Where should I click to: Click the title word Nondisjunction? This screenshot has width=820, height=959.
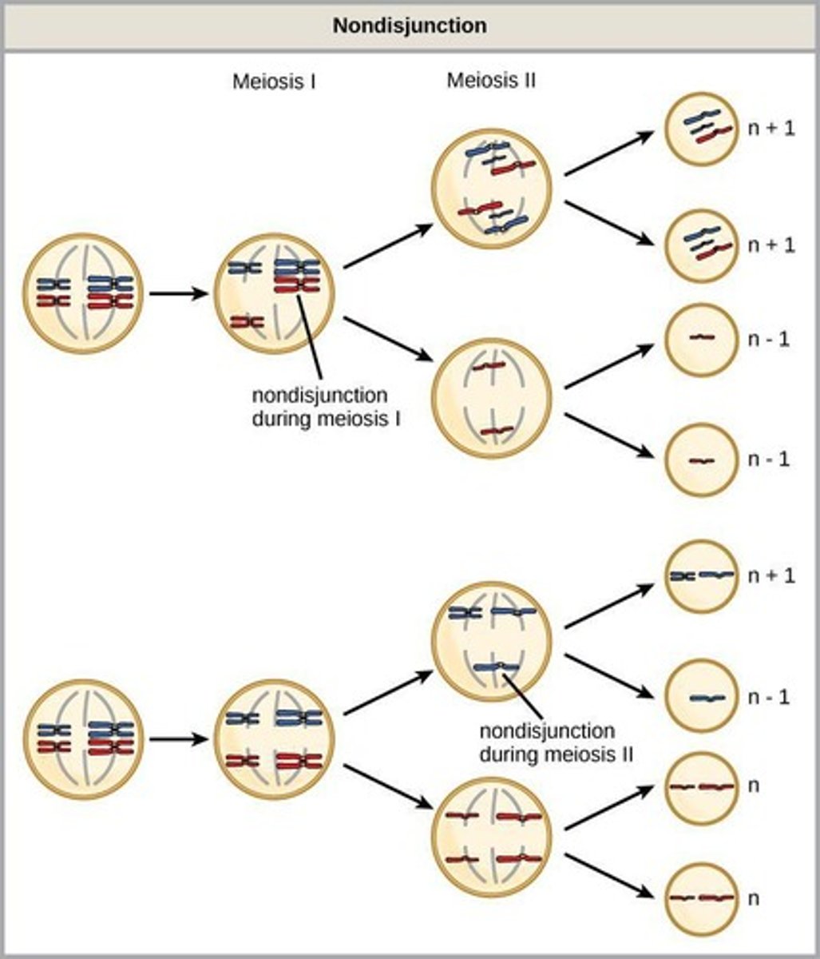click(x=410, y=25)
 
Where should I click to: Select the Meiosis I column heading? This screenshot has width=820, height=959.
click(x=274, y=82)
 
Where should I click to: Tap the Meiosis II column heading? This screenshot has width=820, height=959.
click(x=491, y=81)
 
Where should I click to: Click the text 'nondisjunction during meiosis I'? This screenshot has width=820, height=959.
click(x=320, y=407)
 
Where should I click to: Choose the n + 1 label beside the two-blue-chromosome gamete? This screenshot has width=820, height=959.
click(x=771, y=575)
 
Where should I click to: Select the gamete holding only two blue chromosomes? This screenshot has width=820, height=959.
click(x=700, y=575)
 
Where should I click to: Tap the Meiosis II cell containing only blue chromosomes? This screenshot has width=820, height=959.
click(x=491, y=641)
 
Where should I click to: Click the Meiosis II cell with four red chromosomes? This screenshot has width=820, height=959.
click(x=491, y=837)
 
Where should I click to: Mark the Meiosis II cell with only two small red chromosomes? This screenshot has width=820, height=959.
click(x=491, y=398)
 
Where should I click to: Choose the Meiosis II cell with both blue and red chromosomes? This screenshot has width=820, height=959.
click(x=491, y=189)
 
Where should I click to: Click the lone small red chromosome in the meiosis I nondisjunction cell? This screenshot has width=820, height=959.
click(x=247, y=322)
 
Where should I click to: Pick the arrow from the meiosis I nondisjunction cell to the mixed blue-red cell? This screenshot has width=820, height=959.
click(x=388, y=245)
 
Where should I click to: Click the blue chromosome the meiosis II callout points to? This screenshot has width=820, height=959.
click(x=496, y=667)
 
